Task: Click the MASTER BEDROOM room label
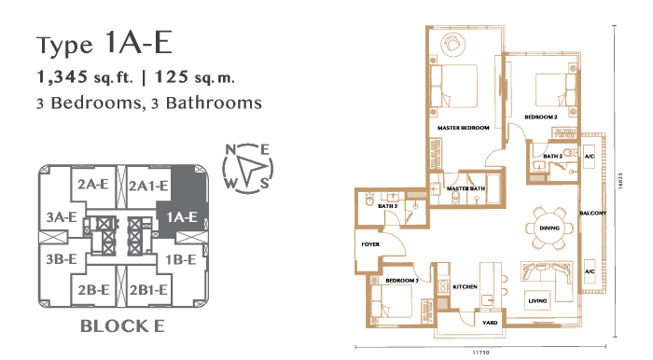(x=463, y=128)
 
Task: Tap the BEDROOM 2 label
(x=540, y=117)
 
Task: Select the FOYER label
(x=370, y=244)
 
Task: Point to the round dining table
(x=549, y=228)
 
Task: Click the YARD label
(x=490, y=323)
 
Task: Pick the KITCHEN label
(x=465, y=286)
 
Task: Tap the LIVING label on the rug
(x=537, y=300)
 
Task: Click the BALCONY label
(x=593, y=213)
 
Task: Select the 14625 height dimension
(x=620, y=181)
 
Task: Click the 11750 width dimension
(x=480, y=353)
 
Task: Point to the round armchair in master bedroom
(x=452, y=43)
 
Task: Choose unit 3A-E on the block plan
(x=62, y=216)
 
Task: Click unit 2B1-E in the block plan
(x=148, y=290)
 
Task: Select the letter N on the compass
(x=230, y=149)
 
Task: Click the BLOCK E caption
(x=122, y=326)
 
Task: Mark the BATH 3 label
(x=387, y=206)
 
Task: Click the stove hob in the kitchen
(x=443, y=285)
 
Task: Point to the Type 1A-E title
(x=104, y=43)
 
